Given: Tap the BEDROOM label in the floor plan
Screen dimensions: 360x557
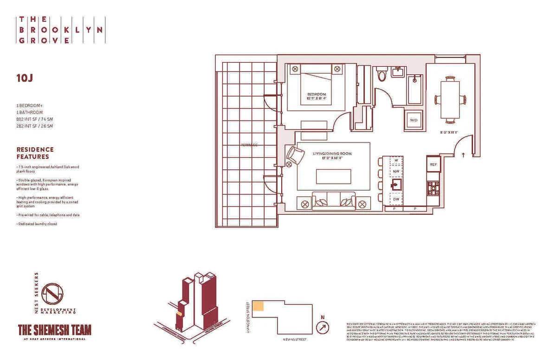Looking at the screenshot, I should coord(317,96).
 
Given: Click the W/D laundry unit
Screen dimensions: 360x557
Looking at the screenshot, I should coord(414,120).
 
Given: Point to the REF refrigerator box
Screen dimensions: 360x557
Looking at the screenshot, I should coord(433,165).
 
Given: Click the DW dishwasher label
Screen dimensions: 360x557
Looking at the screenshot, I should coord(396,199).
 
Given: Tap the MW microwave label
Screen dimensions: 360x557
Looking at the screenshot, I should coord(396,172).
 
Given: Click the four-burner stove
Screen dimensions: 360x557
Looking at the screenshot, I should coord(433,188).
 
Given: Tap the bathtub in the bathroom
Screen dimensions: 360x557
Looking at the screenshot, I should coord(414,89).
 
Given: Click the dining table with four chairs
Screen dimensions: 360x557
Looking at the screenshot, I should coord(449,99).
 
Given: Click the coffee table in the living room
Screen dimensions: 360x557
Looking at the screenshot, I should coord(333,176).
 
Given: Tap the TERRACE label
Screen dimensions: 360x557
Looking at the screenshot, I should coord(249,145).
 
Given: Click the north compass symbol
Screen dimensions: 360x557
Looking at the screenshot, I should coord(322,327).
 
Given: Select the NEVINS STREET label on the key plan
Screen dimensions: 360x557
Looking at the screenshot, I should coord(294,339).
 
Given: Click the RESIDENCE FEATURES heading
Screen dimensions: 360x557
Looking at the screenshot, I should coord(35,153).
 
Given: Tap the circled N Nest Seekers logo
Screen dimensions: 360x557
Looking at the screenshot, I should coord(52,293).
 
